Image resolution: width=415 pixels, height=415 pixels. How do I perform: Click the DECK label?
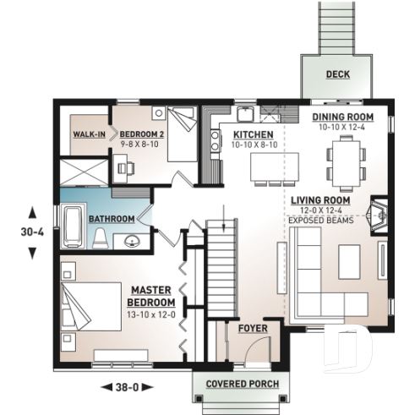pyautogui.click(x=339, y=74)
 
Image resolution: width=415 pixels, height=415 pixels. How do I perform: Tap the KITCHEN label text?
pyautogui.click(x=253, y=135)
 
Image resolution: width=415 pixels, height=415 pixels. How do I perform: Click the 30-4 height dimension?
pyautogui.click(x=32, y=230)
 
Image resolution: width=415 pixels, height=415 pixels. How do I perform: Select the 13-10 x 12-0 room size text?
pyautogui.click(x=151, y=314)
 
